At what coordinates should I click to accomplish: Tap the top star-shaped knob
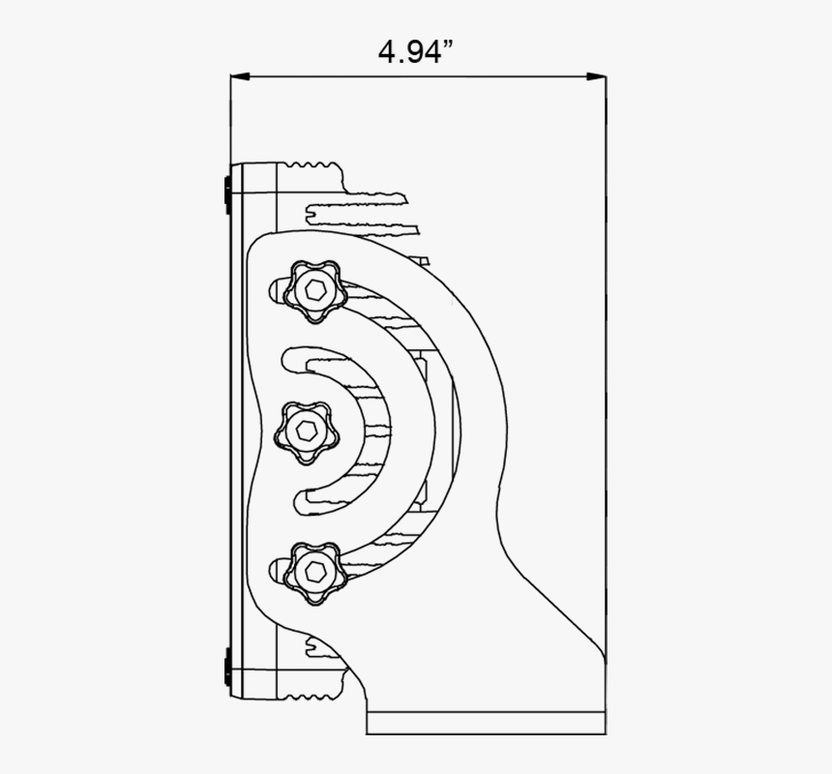[x=314, y=289]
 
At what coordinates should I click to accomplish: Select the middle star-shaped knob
[x=307, y=430]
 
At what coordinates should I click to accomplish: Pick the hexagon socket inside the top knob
[x=314, y=289]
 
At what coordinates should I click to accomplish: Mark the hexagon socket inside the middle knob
[x=307, y=430]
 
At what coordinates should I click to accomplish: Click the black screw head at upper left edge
[x=225, y=190]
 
